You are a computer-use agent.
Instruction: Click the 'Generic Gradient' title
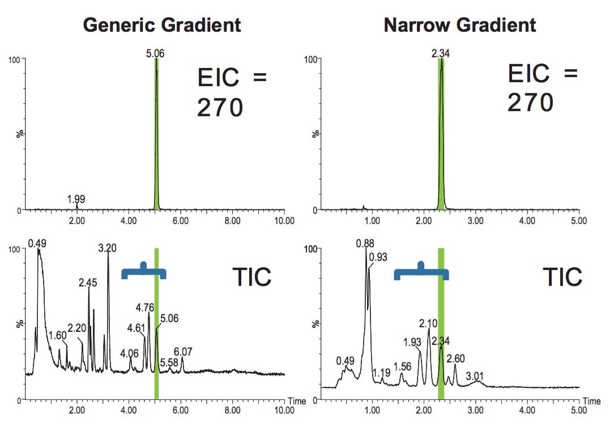click(x=161, y=26)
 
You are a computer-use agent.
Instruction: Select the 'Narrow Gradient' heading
click(x=459, y=26)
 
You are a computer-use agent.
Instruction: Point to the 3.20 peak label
click(x=108, y=248)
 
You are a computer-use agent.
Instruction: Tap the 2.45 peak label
click(x=88, y=283)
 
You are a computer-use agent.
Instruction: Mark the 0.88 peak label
click(x=366, y=243)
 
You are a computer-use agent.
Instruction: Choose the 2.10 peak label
click(x=428, y=323)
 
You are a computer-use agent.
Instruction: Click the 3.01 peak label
click(x=475, y=376)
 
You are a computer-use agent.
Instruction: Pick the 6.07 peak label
click(x=184, y=352)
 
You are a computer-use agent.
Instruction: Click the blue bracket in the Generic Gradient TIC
click(x=144, y=272)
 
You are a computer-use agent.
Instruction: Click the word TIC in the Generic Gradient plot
click(x=252, y=277)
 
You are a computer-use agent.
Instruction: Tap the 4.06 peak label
click(x=130, y=353)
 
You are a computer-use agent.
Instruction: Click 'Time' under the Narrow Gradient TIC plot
click(x=591, y=401)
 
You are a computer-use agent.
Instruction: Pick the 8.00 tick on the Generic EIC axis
click(x=232, y=221)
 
